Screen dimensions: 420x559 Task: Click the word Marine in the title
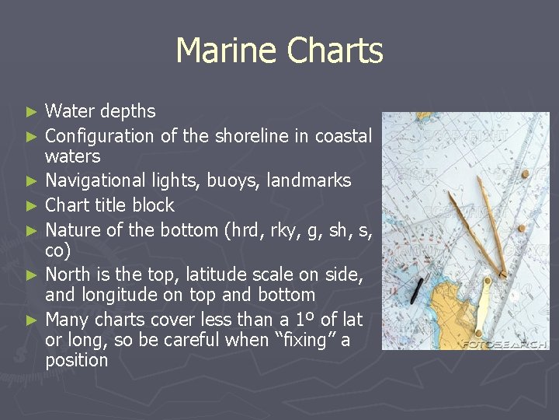point(226,51)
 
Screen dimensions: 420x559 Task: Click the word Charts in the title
point(335,51)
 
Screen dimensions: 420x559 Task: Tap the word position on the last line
point(76,361)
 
